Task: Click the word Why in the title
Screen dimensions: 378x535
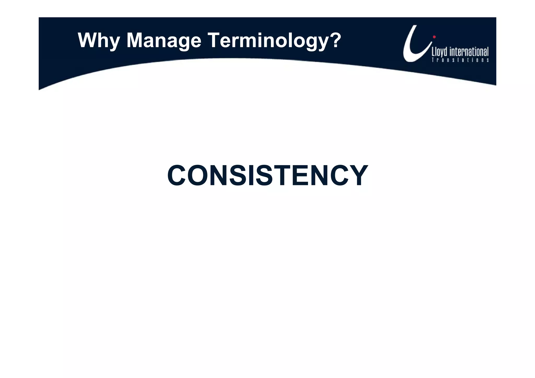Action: click(99, 41)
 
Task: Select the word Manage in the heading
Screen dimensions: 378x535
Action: click(164, 41)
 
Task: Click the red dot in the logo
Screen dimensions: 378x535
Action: click(434, 37)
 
